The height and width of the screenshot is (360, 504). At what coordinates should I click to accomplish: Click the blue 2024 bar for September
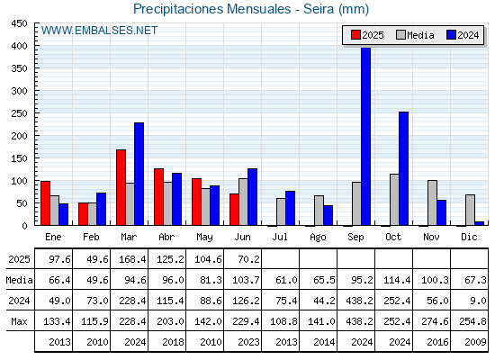point(365,136)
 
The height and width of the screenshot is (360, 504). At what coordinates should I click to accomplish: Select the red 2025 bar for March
point(121,187)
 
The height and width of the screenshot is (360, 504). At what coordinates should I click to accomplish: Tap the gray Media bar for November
point(432,202)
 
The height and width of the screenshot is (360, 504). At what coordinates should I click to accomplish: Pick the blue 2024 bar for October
point(404,168)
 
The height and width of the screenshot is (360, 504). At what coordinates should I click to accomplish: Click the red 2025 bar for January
point(45,203)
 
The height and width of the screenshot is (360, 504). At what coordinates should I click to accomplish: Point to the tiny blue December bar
point(479,223)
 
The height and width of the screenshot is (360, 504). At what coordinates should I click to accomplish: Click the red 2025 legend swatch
point(355,35)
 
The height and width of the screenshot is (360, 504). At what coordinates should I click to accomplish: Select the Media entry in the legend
point(415,35)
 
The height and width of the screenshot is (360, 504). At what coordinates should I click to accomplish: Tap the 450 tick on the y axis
point(19,23)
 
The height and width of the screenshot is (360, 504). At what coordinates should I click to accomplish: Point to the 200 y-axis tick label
point(19,136)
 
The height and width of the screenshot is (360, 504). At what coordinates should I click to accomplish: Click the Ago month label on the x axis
point(318,238)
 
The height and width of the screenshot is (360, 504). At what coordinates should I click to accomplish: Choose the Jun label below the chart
point(242,237)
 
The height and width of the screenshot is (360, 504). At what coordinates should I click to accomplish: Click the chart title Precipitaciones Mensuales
point(211,9)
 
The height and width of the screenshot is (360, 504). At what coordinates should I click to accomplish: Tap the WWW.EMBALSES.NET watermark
point(99,31)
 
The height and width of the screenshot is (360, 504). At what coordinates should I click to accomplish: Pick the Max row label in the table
point(19,321)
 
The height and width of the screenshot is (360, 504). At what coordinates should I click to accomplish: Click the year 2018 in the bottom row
point(173,342)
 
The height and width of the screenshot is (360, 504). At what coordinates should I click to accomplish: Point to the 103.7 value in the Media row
point(246,280)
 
